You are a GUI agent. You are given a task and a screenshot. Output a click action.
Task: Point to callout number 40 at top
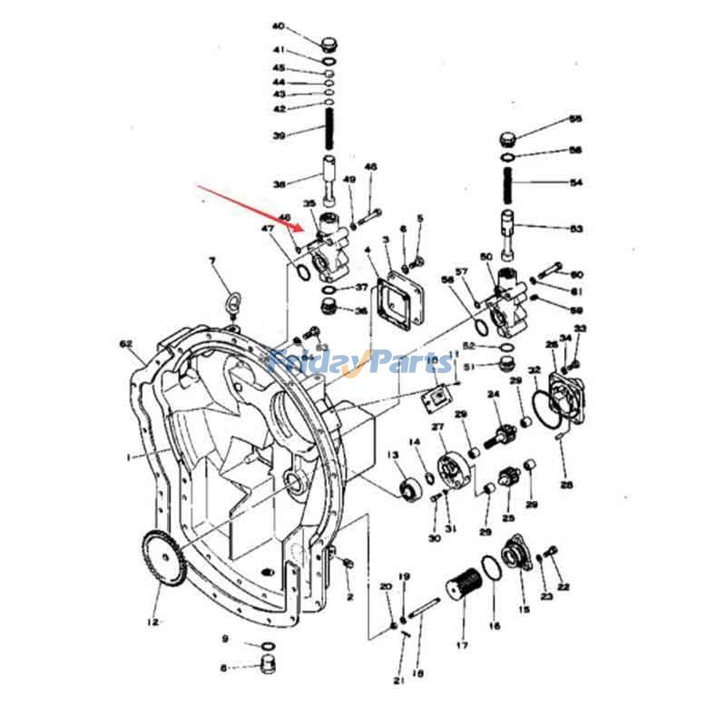[279, 26]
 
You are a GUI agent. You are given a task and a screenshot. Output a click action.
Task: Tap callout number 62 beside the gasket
[126, 344]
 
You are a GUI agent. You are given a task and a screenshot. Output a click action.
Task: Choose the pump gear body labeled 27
[451, 469]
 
